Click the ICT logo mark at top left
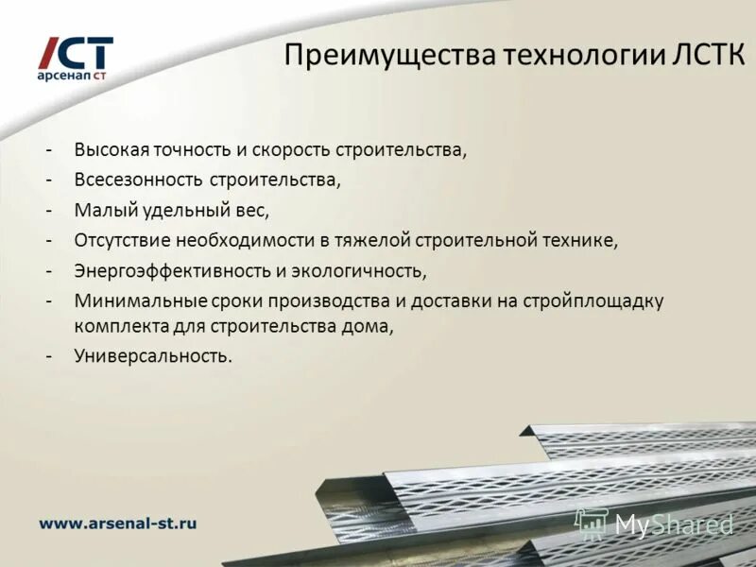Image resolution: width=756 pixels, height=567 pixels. coord(75,52)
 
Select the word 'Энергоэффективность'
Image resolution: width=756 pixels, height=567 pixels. coord(172,271)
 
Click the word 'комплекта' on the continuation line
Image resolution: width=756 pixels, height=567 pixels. coord(113,326)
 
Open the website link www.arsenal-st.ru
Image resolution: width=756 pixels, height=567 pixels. coord(117,523)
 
